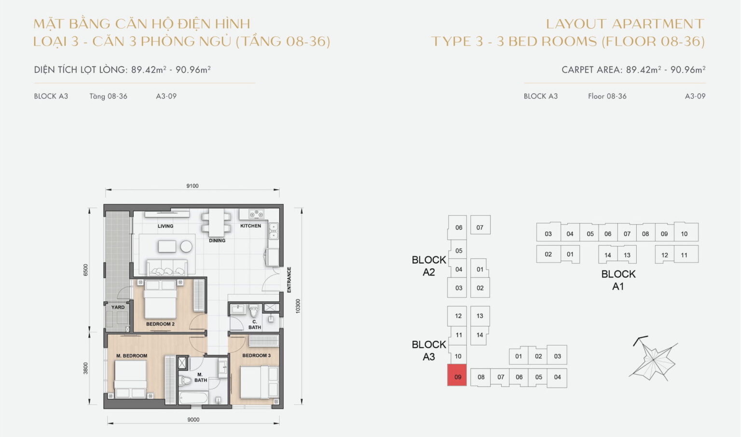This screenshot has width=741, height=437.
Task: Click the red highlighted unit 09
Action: click(457, 376)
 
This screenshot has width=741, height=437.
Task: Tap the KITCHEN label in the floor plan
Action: click(250, 226)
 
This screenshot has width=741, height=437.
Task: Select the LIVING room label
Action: click(165, 226)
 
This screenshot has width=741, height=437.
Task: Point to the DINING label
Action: click(217, 240)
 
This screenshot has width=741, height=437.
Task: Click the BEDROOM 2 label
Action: click(160, 324)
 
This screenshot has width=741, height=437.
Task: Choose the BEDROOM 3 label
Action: click(256, 355)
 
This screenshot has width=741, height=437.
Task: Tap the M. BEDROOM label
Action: click(132, 356)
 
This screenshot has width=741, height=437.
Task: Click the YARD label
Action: click(118, 307)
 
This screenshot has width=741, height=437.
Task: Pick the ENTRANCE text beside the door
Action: click(289, 280)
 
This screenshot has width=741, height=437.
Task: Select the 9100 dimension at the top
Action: click(192, 186)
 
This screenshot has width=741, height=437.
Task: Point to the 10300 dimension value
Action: click(298, 306)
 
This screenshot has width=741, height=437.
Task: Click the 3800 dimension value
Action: click(86, 369)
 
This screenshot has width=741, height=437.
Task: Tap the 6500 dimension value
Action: click(86, 270)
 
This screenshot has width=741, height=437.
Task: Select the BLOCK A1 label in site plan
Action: click(618, 280)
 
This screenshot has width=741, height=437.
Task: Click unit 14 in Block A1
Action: click(607, 255)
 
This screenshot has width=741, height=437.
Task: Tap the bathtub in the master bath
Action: click(193, 398)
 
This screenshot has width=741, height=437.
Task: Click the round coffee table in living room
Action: click(186, 246)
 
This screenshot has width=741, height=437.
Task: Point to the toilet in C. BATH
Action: click(254, 311)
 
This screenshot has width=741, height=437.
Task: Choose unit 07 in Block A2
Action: click(480, 227)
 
